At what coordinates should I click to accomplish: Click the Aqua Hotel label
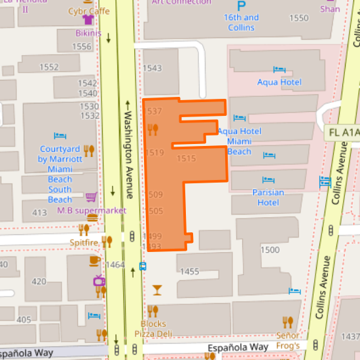click(279, 82)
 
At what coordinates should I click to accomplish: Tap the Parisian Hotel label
click(268, 197)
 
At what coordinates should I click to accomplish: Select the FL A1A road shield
click(342, 132)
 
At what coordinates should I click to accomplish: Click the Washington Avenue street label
click(128, 150)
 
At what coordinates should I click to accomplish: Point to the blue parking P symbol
click(242, 5)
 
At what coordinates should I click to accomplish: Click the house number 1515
click(186, 158)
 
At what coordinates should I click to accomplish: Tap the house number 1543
click(152, 68)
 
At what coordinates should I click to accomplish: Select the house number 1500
click(270, 250)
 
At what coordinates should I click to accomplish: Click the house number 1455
click(189, 272)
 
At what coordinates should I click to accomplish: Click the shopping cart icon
click(91, 197)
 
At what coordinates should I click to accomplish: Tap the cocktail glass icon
click(156, 289)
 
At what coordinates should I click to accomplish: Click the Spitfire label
click(84, 242)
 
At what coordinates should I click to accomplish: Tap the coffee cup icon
click(94, 261)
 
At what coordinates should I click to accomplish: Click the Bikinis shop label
click(88, 33)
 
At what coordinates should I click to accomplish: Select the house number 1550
click(298, 18)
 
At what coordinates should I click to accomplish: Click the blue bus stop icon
click(143, 266)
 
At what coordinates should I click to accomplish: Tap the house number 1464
click(115, 264)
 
